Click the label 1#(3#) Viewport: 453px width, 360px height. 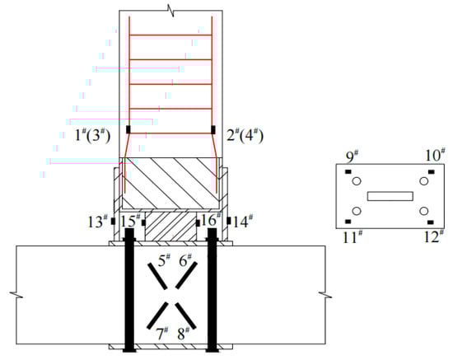click(93, 135)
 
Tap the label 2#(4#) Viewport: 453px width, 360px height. click(245, 134)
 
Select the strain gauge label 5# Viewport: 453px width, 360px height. click(164, 260)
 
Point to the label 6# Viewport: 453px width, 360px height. click(185, 260)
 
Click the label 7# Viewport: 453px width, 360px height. click(162, 334)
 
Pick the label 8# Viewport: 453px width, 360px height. click(184, 334)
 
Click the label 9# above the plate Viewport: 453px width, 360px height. click(353, 157)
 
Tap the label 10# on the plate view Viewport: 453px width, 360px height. click(435, 155)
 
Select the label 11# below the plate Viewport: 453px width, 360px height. click(353, 237)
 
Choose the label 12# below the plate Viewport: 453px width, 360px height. click(434, 236)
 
